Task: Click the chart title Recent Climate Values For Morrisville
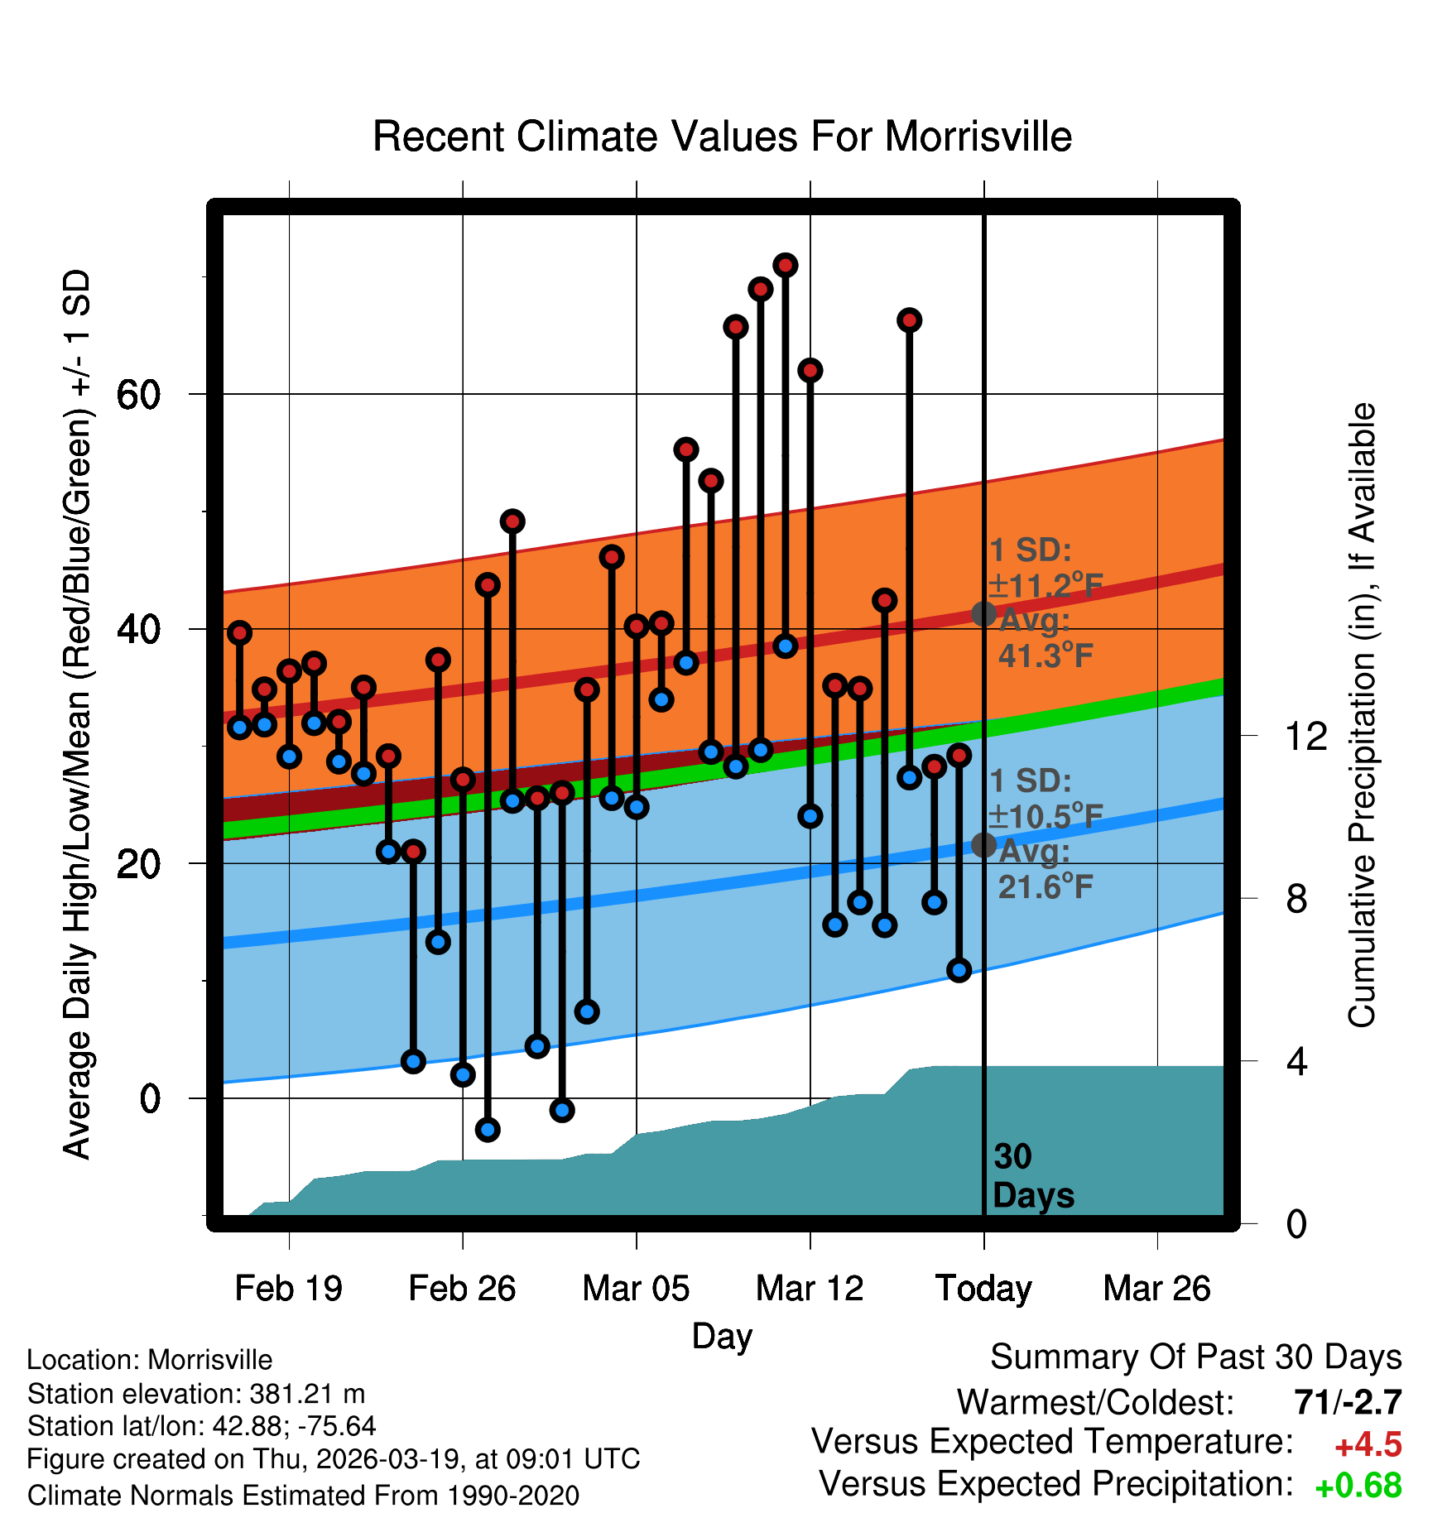722,137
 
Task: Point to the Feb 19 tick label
288,1289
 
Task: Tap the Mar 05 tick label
636,1289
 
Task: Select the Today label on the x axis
983,1289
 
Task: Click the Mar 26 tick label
1156,1289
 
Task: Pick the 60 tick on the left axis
138,395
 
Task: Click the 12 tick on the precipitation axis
1306,736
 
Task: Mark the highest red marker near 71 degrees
786,265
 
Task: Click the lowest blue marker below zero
488,1129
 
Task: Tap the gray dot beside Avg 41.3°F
983,613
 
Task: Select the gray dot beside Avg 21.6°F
983,845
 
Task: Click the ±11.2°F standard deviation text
1046,585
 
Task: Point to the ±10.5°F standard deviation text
1046,817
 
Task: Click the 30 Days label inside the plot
1031,1176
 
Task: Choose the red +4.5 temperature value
1368,1445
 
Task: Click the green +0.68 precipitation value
1358,1486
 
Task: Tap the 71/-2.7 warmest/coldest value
1348,1402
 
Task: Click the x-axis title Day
722,1336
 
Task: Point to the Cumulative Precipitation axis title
1362,715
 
